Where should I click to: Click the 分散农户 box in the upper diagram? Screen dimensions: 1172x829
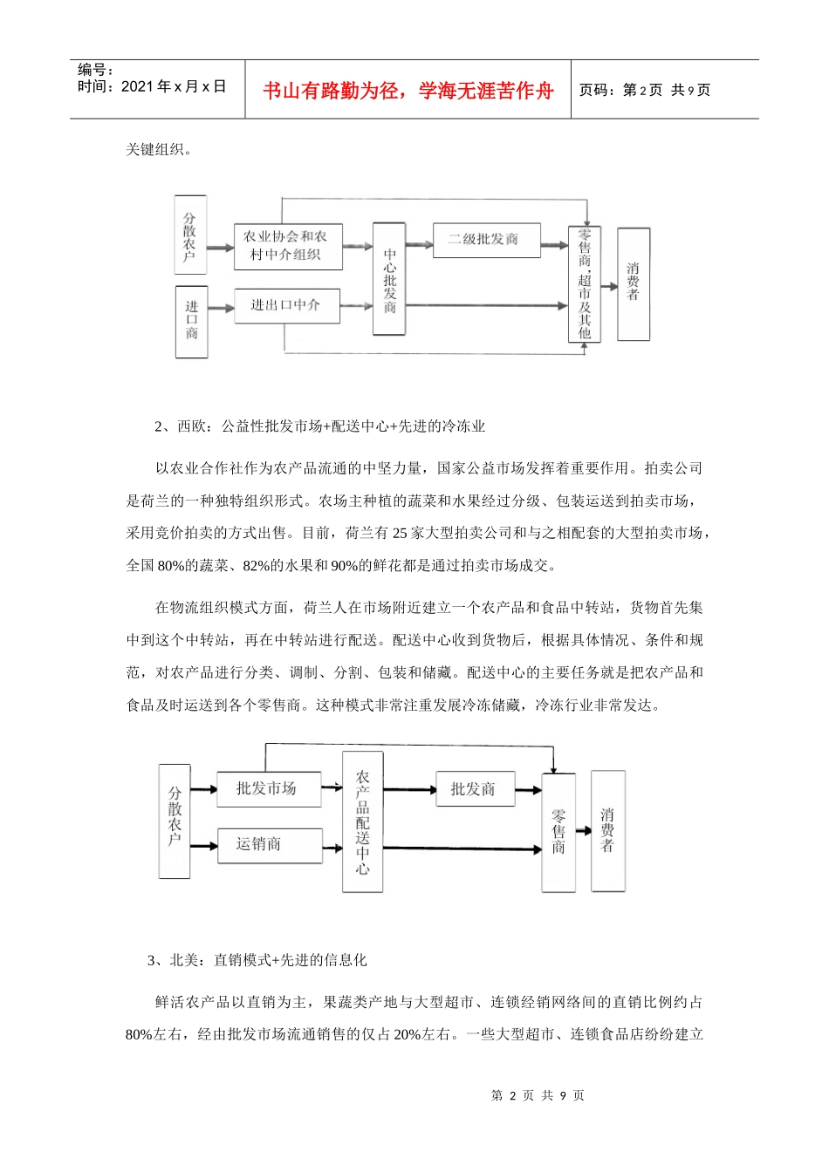click(x=190, y=235)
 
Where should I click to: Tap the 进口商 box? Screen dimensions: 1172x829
click(x=192, y=321)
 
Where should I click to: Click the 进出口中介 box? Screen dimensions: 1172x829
click(x=286, y=305)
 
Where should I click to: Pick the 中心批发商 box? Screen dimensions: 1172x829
click(x=389, y=279)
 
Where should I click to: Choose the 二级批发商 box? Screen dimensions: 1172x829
click(x=486, y=240)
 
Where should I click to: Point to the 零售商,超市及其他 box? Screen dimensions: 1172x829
click(x=584, y=283)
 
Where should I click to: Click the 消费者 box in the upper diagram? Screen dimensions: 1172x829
click(x=633, y=283)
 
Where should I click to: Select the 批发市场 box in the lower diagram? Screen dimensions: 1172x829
click(x=268, y=788)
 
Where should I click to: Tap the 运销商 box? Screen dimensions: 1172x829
click(x=268, y=844)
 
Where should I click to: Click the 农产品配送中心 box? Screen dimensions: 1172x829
click(x=362, y=821)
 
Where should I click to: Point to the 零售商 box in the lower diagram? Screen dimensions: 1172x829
click(x=558, y=832)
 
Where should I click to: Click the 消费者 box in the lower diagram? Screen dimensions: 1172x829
click(x=607, y=830)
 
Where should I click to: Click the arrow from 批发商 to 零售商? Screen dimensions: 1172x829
click(x=529, y=792)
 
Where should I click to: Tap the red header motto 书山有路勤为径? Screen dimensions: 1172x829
click(x=408, y=91)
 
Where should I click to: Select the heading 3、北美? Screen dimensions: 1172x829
click(x=257, y=960)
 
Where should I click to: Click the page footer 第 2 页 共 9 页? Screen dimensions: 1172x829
click(x=538, y=1095)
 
